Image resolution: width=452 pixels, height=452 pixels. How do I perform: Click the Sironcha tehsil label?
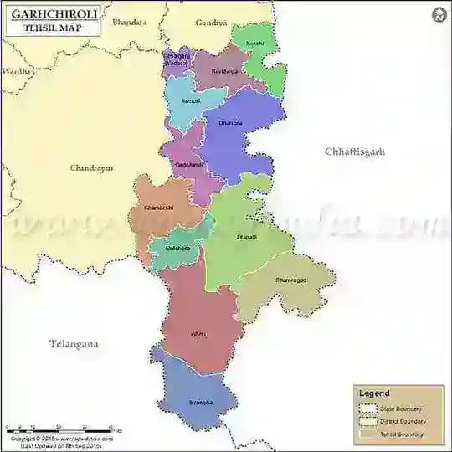pyautogui.click(x=201, y=403)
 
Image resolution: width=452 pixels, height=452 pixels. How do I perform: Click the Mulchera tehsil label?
pyautogui.click(x=177, y=249)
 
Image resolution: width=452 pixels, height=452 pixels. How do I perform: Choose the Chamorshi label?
pyautogui.click(x=158, y=208)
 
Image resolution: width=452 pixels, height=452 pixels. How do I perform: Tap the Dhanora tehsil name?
pyautogui.click(x=230, y=123)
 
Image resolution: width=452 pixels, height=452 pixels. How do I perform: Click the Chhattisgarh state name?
pyautogui.click(x=355, y=152)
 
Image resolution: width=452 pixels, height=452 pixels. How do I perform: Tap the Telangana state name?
pyautogui.click(x=74, y=343)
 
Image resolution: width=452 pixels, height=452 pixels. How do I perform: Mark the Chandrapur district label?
pyautogui.click(x=91, y=167)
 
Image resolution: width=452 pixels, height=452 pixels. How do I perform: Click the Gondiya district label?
pyautogui.click(x=211, y=23)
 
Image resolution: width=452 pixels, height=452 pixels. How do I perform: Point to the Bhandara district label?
pyautogui.click(x=129, y=22)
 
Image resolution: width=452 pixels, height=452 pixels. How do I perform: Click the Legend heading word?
pyautogui.click(x=374, y=393)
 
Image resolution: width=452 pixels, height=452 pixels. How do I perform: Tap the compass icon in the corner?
pyautogui.click(x=439, y=15)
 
